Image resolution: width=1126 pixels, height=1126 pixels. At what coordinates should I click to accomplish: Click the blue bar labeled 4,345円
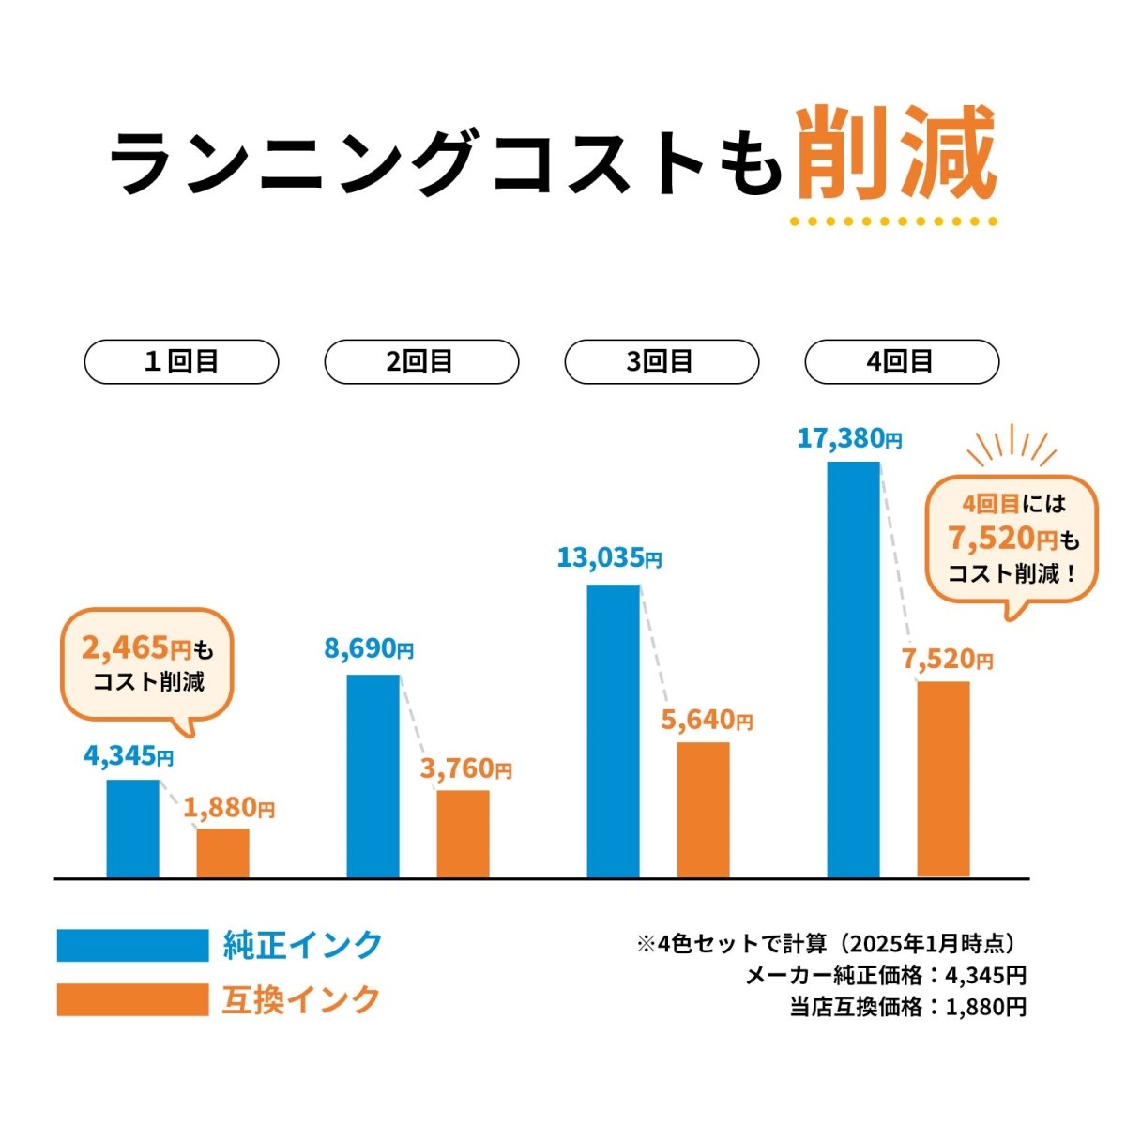[x=132, y=829]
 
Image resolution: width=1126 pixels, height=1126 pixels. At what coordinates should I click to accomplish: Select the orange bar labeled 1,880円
[x=222, y=853]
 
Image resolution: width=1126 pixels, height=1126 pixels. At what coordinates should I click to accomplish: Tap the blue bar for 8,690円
[x=373, y=776]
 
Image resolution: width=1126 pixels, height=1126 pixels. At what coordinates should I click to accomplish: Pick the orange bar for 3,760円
[x=463, y=834]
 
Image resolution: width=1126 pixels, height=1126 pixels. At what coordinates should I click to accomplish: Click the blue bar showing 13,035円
[x=613, y=731]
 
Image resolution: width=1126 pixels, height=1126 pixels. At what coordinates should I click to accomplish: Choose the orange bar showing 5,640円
[x=703, y=810]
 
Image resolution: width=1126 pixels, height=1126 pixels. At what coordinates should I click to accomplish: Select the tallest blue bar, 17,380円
[x=853, y=669]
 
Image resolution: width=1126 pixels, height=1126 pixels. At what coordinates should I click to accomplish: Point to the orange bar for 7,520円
[x=943, y=779]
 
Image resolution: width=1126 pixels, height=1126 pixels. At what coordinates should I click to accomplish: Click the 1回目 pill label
[x=181, y=362]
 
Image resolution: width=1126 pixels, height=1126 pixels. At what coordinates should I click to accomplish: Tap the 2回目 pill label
[x=421, y=362]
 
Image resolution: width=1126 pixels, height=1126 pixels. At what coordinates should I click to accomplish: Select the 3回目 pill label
[x=662, y=362]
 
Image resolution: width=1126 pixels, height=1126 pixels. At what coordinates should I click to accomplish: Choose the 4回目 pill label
[x=902, y=362]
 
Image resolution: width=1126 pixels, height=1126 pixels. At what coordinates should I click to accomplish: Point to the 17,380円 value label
[x=849, y=438]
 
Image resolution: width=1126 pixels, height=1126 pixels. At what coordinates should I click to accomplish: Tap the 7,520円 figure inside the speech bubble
[x=1002, y=539]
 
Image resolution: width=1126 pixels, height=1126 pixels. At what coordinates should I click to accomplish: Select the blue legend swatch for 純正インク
[x=132, y=945]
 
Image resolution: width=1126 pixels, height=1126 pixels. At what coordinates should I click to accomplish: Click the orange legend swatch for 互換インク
[x=132, y=999]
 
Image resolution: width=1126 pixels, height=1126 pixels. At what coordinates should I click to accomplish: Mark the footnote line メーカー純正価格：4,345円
[x=885, y=976]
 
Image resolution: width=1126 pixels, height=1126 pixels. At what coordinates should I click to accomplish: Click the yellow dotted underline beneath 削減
[x=892, y=222]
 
